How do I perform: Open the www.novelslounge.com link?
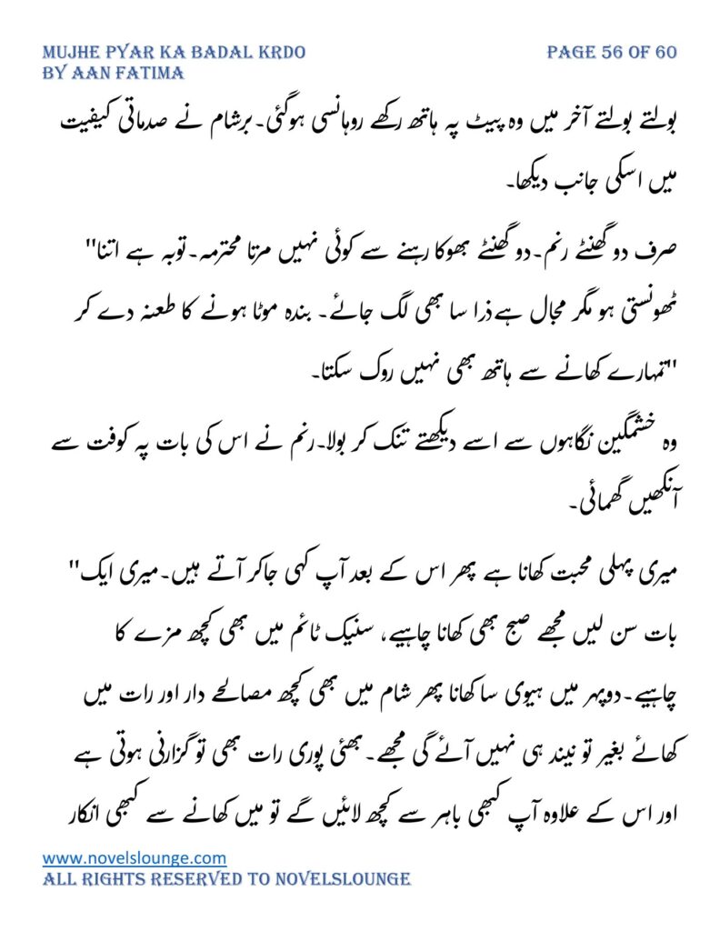(135, 857)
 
